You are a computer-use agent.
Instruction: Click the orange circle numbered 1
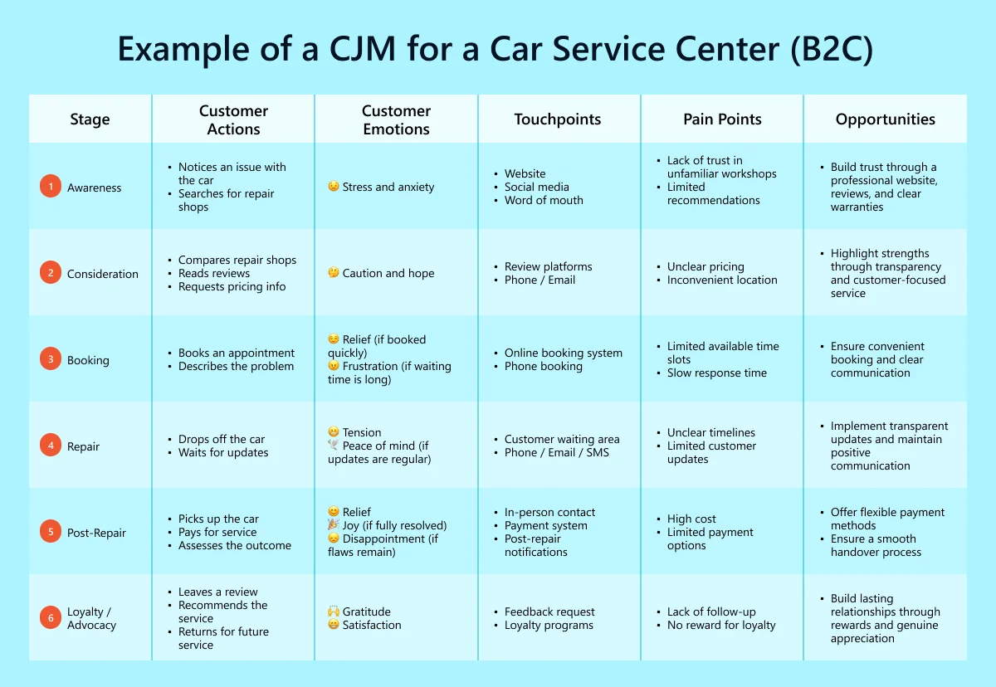51,188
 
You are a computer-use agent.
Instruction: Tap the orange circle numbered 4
51,446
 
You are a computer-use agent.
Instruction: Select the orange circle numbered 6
51,618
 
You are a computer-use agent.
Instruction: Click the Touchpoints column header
558,119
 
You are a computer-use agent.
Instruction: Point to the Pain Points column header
722,119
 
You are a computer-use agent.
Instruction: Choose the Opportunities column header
885,119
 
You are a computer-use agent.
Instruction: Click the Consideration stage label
103,274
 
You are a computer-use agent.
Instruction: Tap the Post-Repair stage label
96,533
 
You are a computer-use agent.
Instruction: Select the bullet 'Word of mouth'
544,200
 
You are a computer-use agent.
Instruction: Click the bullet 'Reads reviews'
214,273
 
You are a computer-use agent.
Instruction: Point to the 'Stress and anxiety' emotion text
388,187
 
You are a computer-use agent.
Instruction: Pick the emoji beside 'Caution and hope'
334,273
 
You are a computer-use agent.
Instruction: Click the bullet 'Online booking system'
564,353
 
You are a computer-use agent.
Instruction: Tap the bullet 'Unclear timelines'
711,432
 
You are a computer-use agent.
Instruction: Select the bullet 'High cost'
691,519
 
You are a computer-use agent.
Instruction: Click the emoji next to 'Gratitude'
334,611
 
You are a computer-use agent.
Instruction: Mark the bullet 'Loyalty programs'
549,625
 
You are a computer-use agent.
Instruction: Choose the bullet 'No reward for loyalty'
721,625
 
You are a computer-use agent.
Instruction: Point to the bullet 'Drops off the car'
222,439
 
